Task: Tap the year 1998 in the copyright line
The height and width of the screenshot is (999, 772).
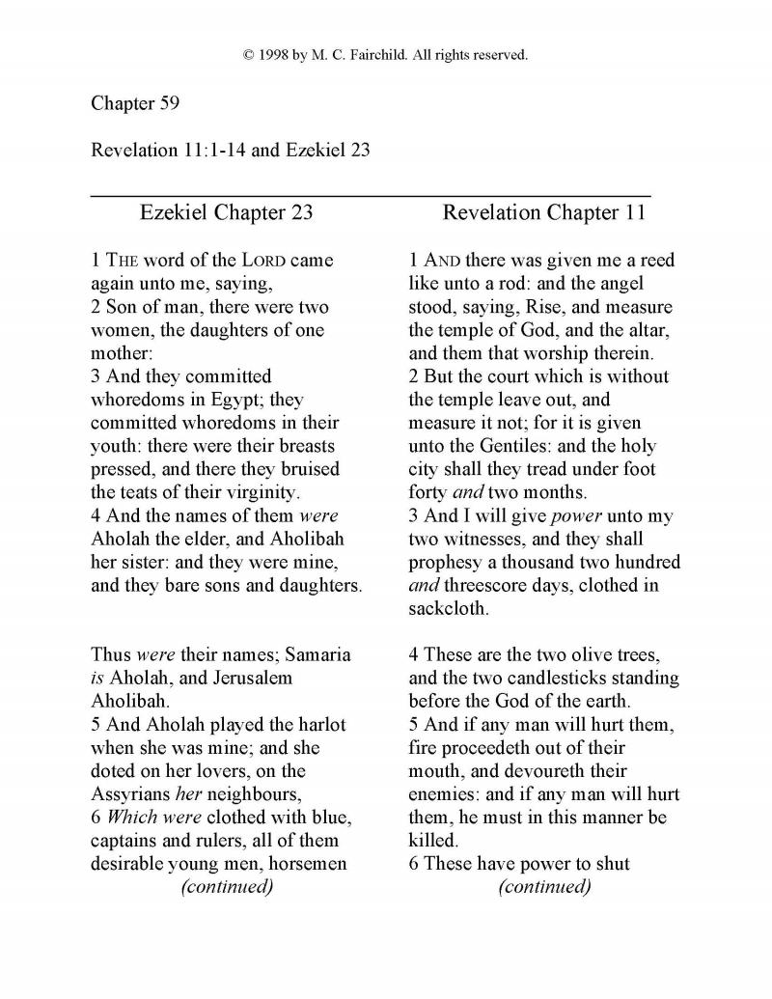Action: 274,55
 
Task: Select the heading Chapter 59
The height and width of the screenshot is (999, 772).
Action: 128,102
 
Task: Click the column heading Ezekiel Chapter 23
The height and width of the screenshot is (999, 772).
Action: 226,212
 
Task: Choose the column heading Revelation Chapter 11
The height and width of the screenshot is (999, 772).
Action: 543,212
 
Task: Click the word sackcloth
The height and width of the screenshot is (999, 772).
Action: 449,608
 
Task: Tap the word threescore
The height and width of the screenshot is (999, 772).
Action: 492,585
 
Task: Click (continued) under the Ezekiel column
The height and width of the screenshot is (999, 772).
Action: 227,886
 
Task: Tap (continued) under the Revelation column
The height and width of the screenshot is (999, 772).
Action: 544,886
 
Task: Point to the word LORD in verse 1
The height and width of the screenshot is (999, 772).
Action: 239,261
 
